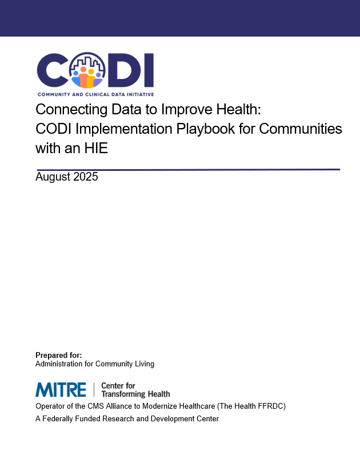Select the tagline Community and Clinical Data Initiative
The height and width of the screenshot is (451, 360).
[95, 94]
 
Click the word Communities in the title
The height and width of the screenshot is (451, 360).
[302, 129]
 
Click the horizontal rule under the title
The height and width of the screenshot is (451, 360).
[188, 169]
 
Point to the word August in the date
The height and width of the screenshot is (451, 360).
[53, 177]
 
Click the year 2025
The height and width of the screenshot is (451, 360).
[85, 177]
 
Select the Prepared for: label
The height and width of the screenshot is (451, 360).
[58, 355]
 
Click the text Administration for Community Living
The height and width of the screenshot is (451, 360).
[95, 364]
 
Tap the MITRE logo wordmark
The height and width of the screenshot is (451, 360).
[61, 390]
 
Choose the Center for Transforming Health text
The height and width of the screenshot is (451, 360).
[135, 390]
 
